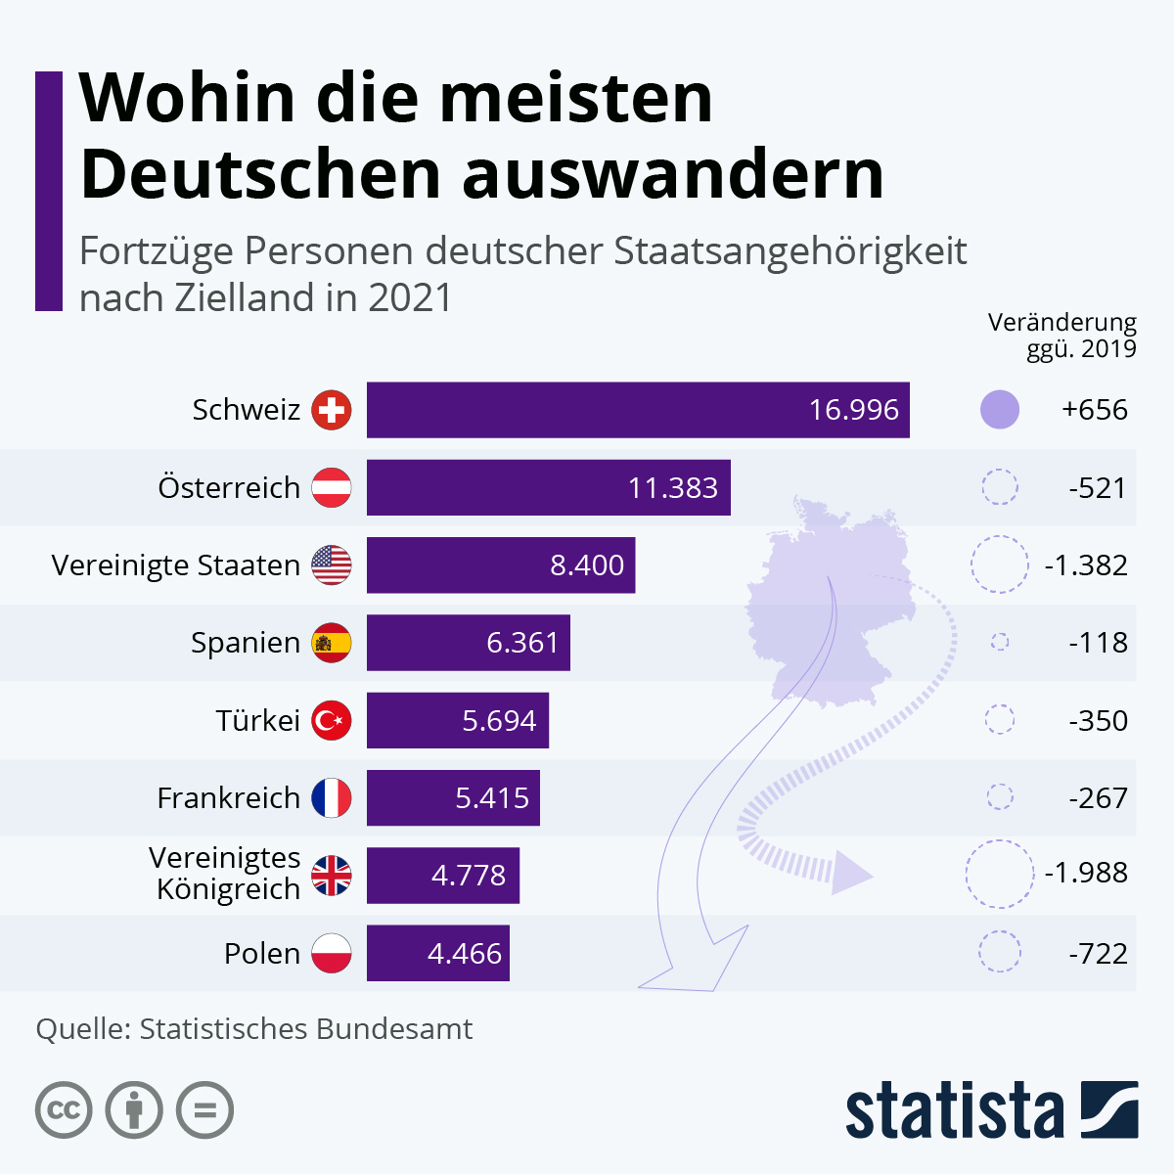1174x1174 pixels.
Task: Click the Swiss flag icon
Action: click(332, 410)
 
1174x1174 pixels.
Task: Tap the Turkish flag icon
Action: click(332, 721)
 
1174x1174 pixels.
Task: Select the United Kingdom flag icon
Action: click(332, 876)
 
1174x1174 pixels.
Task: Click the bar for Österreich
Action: click(548, 487)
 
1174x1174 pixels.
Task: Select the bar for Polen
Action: click(437, 953)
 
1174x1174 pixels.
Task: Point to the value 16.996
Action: click(853, 410)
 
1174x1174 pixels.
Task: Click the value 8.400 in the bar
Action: click(586, 565)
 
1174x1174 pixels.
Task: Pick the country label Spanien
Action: click(246, 643)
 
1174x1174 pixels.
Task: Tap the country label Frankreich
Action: click(228, 798)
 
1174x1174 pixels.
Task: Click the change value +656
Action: click(1094, 410)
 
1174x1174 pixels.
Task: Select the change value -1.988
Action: click(1085, 873)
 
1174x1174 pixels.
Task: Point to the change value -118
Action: click(1098, 643)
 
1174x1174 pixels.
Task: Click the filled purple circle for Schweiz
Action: click(1000, 410)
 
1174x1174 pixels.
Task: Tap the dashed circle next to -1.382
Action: click(1000, 564)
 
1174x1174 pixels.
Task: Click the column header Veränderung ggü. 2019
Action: click(1062, 336)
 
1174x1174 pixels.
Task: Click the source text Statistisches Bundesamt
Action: click(305, 1029)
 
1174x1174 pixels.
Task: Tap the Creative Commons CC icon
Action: click(64, 1110)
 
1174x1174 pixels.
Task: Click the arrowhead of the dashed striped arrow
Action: click(849, 872)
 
